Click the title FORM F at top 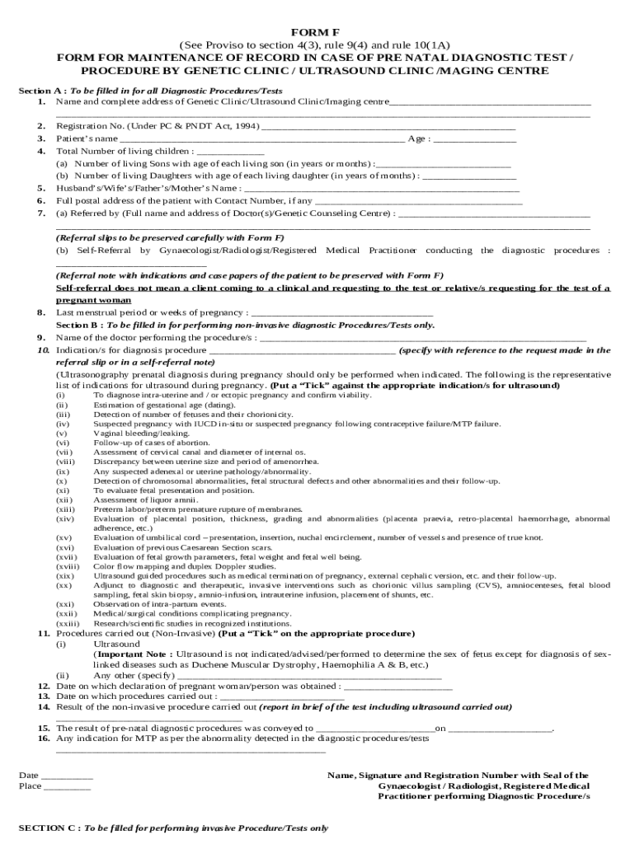pyautogui.click(x=317, y=31)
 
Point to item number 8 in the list pyautogui.click(x=40, y=313)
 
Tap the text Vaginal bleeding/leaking pyautogui.click(x=130, y=433)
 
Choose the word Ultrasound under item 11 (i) pyautogui.click(x=117, y=644)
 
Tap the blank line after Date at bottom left pyautogui.click(x=67, y=777)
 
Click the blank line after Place pyautogui.click(x=67, y=788)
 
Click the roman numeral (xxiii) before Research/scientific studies pyautogui.click(x=67, y=624)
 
